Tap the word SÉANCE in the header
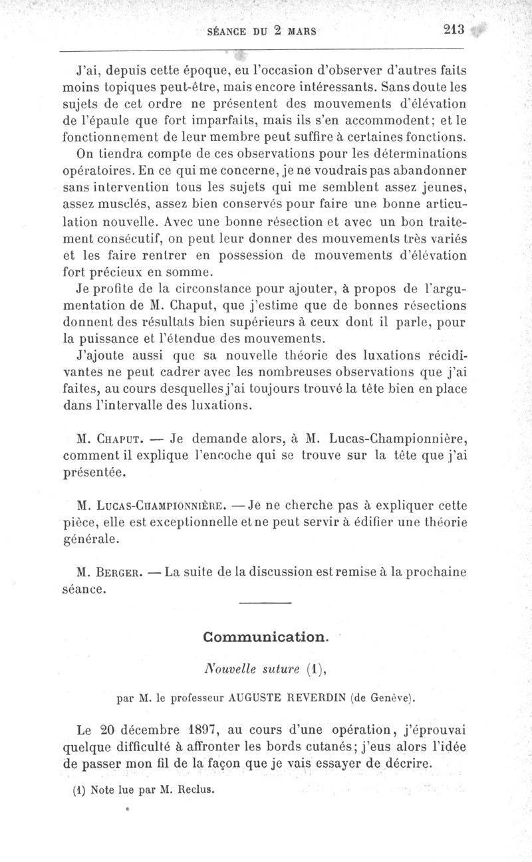(x=229, y=32)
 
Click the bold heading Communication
(x=265, y=637)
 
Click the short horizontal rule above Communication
(x=265, y=602)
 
